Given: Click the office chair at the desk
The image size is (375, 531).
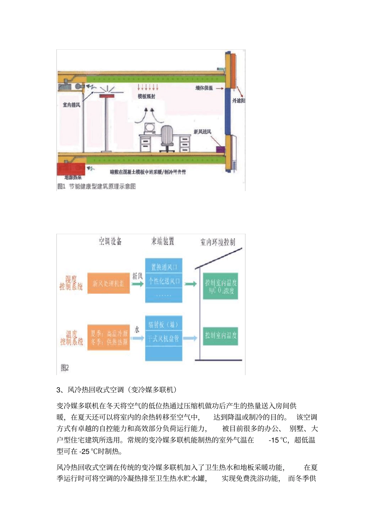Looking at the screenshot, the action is [167, 138].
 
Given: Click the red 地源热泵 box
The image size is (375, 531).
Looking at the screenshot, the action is [71, 169].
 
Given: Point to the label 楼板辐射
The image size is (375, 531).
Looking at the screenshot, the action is [146, 96].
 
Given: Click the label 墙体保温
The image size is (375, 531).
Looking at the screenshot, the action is [204, 88].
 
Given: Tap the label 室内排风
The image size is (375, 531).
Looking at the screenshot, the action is [71, 105].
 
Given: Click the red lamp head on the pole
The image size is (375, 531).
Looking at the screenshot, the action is [106, 96].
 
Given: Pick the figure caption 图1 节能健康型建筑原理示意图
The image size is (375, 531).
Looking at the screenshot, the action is [97, 186].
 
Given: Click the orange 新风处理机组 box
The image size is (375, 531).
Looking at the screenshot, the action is [109, 283].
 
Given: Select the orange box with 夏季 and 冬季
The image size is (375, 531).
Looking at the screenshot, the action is [109, 338].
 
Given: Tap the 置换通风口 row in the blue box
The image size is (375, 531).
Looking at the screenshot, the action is [164, 267].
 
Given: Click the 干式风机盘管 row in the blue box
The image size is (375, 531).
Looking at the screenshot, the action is [164, 338].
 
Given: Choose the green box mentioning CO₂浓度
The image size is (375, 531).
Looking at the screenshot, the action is [221, 286].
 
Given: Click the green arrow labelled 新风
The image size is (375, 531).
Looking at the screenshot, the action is [137, 283].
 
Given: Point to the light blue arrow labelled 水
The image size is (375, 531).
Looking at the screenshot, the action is [137, 338].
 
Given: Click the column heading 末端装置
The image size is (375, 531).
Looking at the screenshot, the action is [163, 241].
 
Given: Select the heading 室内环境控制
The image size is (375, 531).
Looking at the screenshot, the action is [217, 242].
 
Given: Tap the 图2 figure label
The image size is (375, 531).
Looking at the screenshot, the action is [65, 368].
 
